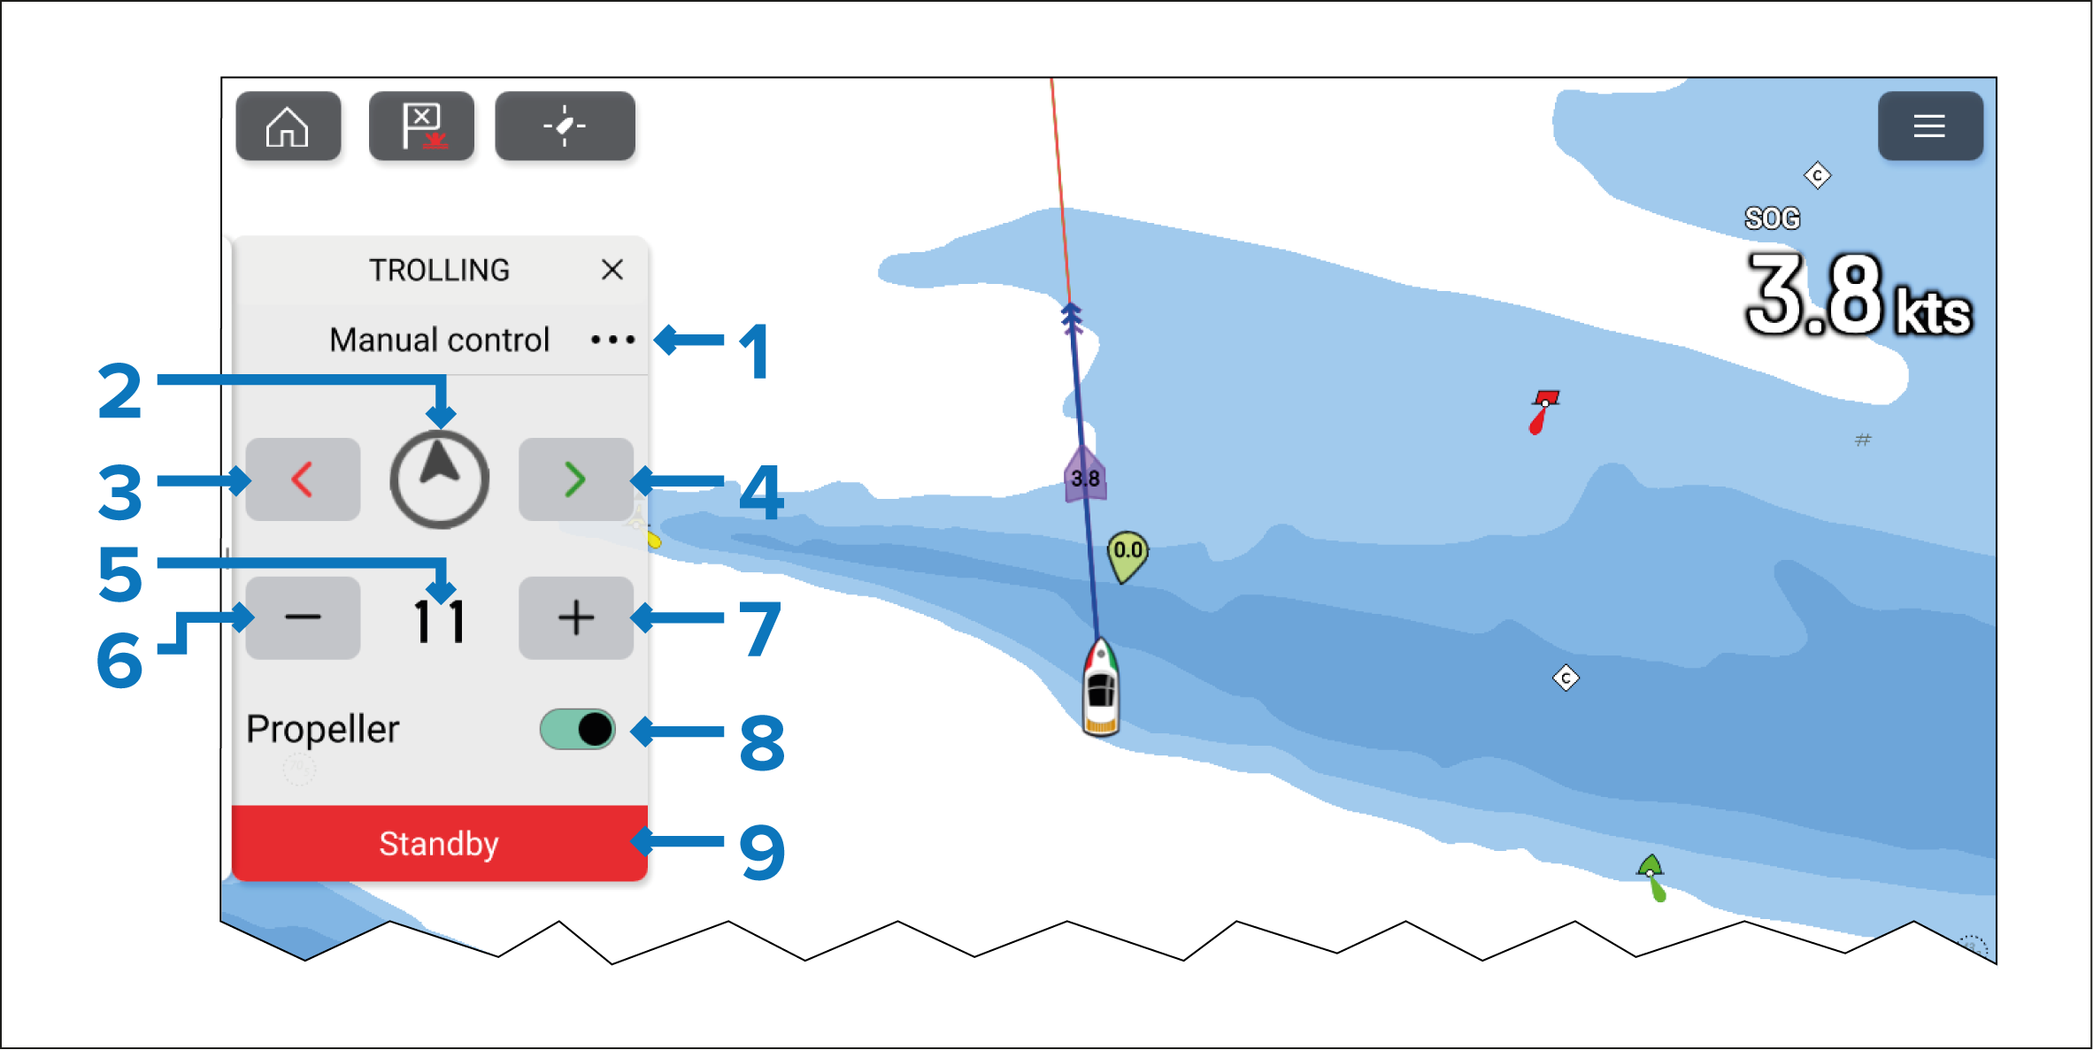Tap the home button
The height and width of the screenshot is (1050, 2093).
(x=288, y=126)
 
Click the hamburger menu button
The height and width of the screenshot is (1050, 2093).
(x=1929, y=126)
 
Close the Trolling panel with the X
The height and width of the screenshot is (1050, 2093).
(x=612, y=270)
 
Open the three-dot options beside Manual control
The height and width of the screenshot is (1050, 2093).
(x=612, y=340)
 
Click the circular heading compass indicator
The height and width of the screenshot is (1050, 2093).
(x=439, y=479)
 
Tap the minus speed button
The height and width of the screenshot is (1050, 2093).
(x=303, y=617)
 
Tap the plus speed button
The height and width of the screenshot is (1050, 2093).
(x=575, y=617)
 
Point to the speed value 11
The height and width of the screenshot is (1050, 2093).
(x=439, y=621)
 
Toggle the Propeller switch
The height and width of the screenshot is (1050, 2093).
(x=577, y=730)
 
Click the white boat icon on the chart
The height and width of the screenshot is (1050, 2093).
(x=1101, y=687)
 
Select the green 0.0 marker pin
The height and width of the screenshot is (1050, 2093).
(x=1127, y=556)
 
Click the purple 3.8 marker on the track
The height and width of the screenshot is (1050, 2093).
(x=1085, y=475)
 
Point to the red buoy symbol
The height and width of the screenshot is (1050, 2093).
(x=1543, y=411)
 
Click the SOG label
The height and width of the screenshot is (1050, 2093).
(x=1772, y=218)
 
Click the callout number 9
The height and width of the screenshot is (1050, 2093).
(x=762, y=852)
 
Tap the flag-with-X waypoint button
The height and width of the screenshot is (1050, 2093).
(x=421, y=126)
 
